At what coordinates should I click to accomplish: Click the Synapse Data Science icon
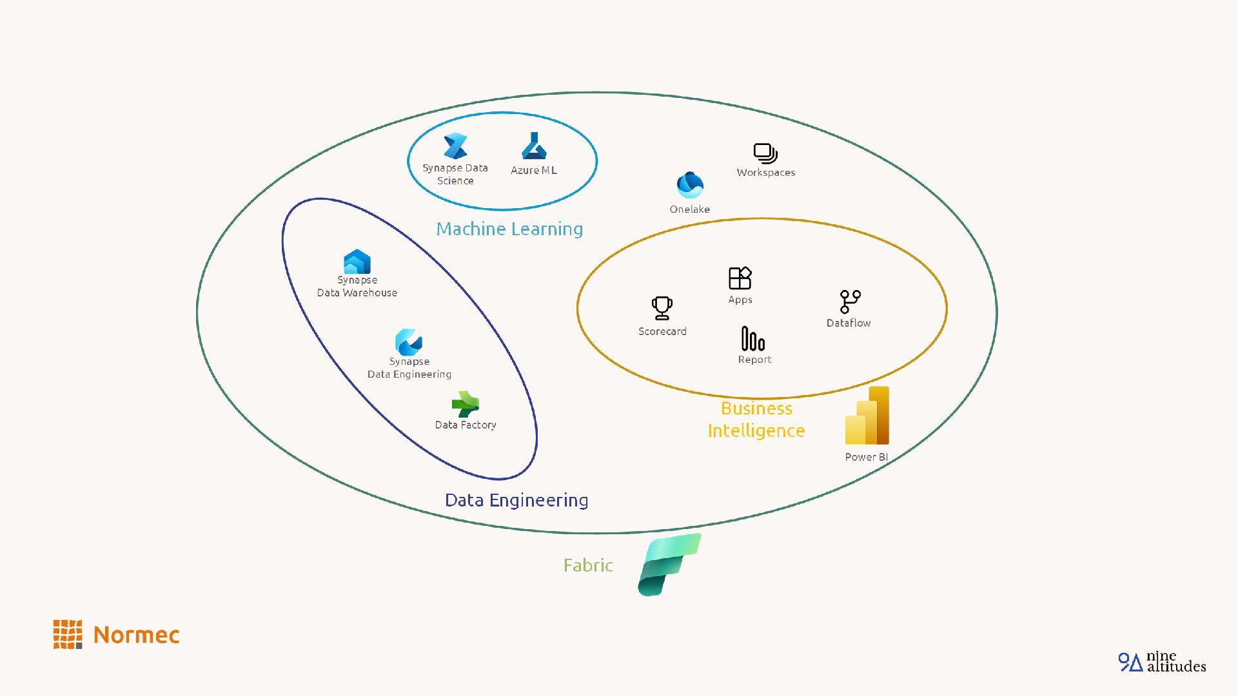pyautogui.click(x=455, y=146)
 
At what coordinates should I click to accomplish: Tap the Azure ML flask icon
pyautogui.click(x=534, y=146)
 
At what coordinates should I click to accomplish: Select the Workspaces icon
pyautogui.click(x=765, y=153)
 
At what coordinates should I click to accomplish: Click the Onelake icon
pyautogui.click(x=690, y=185)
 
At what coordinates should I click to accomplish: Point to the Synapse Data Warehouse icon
pyautogui.click(x=357, y=262)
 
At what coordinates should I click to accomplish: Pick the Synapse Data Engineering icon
pyautogui.click(x=409, y=342)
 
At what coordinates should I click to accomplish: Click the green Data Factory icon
pyautogui.click(x=465, y=404)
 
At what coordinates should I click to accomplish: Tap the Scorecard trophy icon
pyautogui.click(x=662, y=308)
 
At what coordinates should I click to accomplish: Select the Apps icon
pyautogui.click(x=740, y=278)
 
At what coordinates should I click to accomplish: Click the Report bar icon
pyautogui.click(x=753, y=338)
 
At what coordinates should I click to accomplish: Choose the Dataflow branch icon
pyautogui.click(x=850, y=301)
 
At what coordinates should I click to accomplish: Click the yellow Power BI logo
pyautogui.click(x=867, y=416)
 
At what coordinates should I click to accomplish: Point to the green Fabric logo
pyautogui.click(x=669, y=565)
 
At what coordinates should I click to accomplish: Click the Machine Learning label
pyautogui.click(x=509, y=229)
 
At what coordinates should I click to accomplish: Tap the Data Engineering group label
pyautogui.click(x=516, y=500)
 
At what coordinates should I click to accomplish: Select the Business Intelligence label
pyautogui.click(x=756, y=420)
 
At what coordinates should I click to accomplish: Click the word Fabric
pyautogui.click(x=588, y=565)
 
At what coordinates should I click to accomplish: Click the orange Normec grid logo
pyautogui.click(x=68, y=635)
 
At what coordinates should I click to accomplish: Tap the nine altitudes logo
pyautogui.click(x=1162, y=662)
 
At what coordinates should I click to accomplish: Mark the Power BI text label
pyautogui.click(x=866, y=457)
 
